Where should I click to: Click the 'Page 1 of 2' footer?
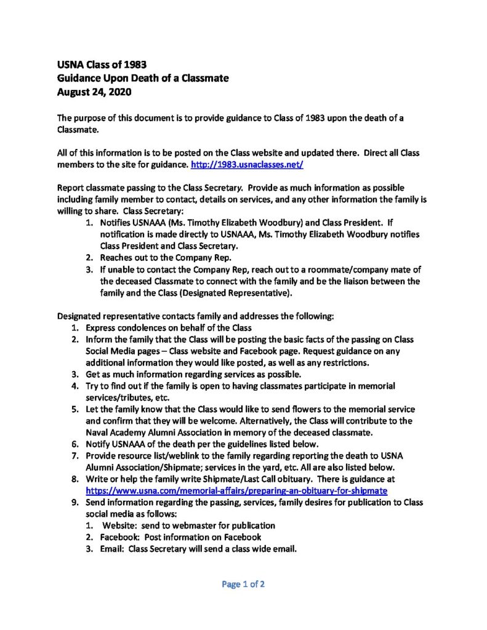tap(243, 584)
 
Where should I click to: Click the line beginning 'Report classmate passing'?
tap(230, 187)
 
